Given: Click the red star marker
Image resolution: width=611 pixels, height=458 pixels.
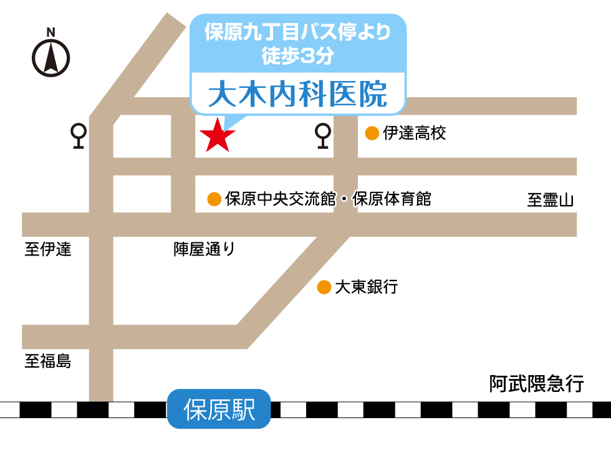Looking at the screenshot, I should pyautogui.click(x=217, y=135).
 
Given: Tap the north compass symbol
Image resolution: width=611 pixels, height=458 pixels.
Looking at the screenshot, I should pyautogui.click(x=51, y=59).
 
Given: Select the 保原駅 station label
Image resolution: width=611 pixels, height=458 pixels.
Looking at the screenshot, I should pyautogui.click(x=219, y=409).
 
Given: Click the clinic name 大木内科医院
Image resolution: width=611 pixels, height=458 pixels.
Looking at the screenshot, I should pyautogui.click(x=297, y=94).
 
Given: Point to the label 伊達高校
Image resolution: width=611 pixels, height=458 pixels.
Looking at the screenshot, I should pyautogui.click(x=415, y=133).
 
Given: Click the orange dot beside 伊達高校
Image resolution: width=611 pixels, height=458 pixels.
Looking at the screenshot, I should pyautogui.click(x=372, y=133).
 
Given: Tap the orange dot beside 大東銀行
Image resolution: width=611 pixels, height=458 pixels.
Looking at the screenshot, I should pyautogui.click(x=324, y=287).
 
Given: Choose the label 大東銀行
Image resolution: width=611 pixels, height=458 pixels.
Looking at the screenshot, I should pyautogui.click(x=366, y=287).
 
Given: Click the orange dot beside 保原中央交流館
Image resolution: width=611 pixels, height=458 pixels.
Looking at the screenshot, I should pyautogui.click(x=214, y=199).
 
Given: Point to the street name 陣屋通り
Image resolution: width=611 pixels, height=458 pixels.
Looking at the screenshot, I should pyautogui.click(x=204, y=250).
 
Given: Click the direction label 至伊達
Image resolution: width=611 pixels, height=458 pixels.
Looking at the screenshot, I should pyautogui.click(x=48, y=250).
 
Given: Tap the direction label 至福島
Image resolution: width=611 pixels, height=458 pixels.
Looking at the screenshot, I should pyautogui.click(x=48, y=361).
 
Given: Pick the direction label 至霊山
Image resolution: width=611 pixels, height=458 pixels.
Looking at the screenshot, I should pyautogui.click(x=550, y=200).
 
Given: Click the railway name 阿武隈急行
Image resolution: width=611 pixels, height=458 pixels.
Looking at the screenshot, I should pyautogui.click(x=536, y=384).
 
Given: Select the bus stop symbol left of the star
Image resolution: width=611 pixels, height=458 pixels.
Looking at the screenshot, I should pyautogui.click(x=79, y=136).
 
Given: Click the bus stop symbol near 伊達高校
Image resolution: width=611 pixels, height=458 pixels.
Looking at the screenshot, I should pyautogui.click(x=322, y=136).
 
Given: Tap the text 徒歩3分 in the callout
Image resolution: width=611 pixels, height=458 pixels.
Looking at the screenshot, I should pyautogui.click(x=298, y=56).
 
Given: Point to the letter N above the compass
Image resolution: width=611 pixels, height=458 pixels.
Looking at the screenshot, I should pyautogui.click(x=51, y=32).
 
